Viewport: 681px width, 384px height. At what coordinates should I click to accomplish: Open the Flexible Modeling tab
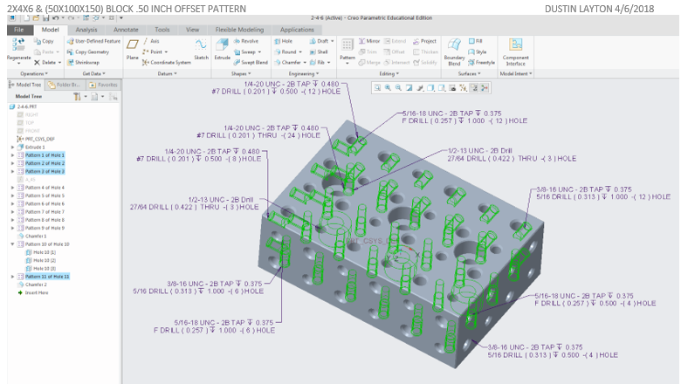pos(238,30)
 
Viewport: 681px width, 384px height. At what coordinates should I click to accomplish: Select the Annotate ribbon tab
pos(126,30)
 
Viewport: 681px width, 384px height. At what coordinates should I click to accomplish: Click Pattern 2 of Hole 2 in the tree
pos(44,163)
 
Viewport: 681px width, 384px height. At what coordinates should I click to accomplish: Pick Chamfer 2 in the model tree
pos(36,285)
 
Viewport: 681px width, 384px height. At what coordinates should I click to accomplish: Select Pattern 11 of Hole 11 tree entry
pos(47,276)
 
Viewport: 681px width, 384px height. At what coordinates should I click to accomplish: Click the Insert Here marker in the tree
pos(36,292)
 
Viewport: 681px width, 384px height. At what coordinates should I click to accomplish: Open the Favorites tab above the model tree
pos(106,86)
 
